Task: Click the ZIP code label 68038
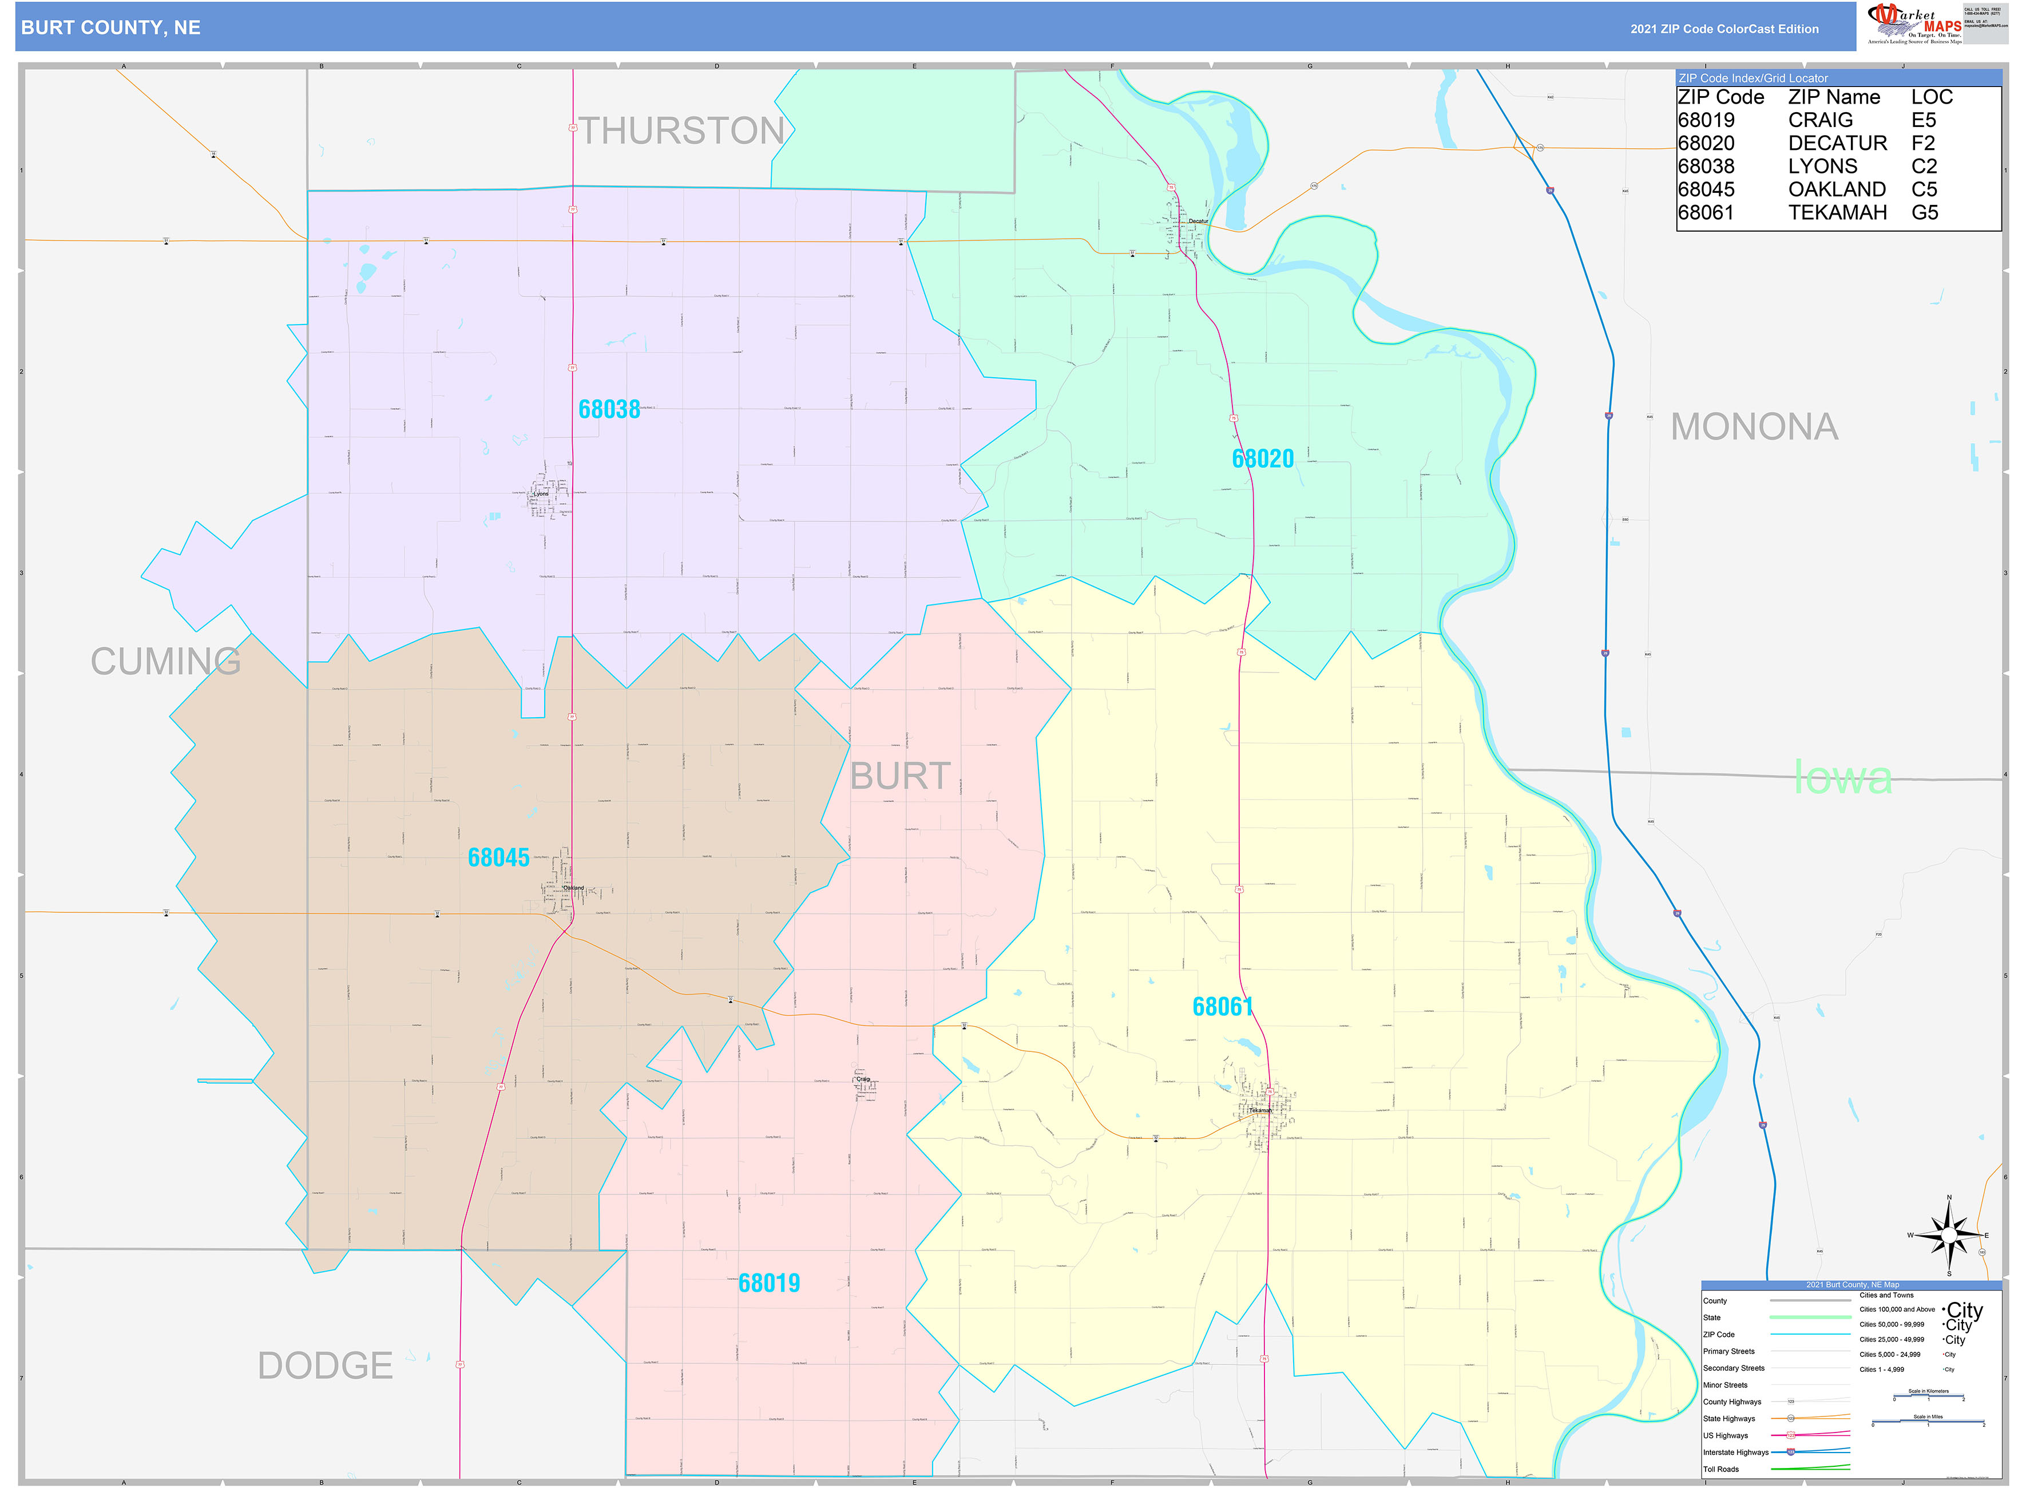click(609, 409)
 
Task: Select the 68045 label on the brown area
click(498, 857)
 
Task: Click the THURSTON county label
click(681, 132)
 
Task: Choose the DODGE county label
click(325, 1366)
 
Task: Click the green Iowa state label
click(1842, 777)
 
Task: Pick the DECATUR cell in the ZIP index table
click(1837, 143)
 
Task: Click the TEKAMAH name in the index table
click(1837, 212)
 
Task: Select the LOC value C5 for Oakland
click(1924, 189)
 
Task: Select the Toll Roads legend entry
click(1720, 1469)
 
